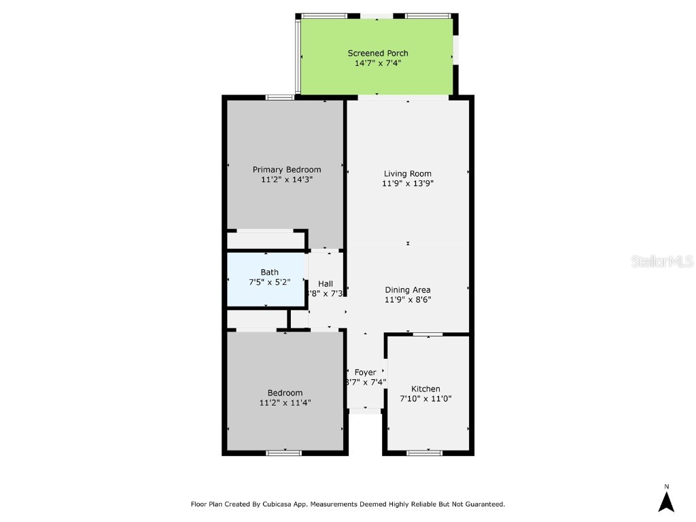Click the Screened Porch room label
click(x=378, y=53)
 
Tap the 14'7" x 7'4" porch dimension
click(x=378, y=63)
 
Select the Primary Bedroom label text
click(x=287, y=170)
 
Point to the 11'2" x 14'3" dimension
click(x=287, y=180)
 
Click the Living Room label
click(x=408, y=173)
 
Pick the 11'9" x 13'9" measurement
click(x=408, y=183)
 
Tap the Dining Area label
click(x=408, y=290)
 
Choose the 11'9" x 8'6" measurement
click(x=408, y=299)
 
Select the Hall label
click(x=326, y=283)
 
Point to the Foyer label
click(x=366, y=372)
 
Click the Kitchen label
click(x=425, y=389)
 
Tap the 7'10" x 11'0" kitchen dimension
click(x=425, y=399)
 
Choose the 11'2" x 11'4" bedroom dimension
click(x=285, y=403)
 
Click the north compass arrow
click(x=666, y=501)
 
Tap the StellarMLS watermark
click(x=662, y=261)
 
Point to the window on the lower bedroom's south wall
click(x=284, y=452)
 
